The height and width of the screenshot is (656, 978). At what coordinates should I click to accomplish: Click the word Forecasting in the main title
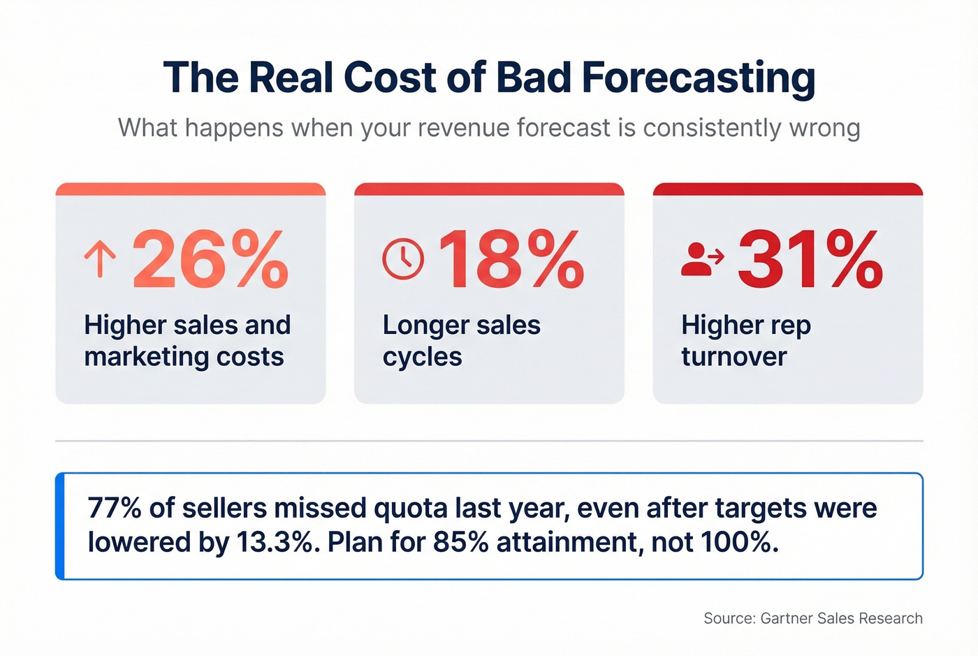(x=698, y=78)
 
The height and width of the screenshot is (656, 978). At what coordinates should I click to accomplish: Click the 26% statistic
(x=210, y=260)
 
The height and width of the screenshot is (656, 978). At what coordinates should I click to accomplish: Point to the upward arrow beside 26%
(x=100, y=259)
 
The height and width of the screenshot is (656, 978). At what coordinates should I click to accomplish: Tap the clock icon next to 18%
(x=403, y=259)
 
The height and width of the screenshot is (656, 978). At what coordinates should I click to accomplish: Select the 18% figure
(x=511, y=260)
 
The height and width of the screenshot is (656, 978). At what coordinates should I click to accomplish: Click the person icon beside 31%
(x=701, y=259)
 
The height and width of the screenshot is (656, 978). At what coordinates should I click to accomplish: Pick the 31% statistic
(x=810, y=260)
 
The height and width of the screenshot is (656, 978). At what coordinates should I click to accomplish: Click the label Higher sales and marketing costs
(x=187, y=341)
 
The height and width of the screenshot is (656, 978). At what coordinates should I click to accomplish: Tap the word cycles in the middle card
(x=422, y=357)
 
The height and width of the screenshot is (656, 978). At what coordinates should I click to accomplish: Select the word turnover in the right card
(x=733, y=357)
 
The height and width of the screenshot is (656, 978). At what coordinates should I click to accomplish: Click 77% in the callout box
(x=115, y=509)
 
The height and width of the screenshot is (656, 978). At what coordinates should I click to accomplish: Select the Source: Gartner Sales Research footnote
(x=812, y=618)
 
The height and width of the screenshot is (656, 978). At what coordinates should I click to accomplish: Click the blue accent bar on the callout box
(x=60, y=526)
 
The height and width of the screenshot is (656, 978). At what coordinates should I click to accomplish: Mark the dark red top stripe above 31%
(x=787, y=189)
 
